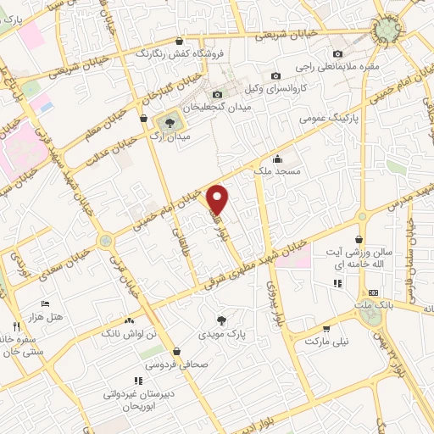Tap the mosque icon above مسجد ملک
[x=276, y=159]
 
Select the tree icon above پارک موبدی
[x=221, y=320]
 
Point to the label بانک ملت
[x=376, y=303]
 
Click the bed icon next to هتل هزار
[x=46, y=303]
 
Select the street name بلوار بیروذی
[x=272, y=300]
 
